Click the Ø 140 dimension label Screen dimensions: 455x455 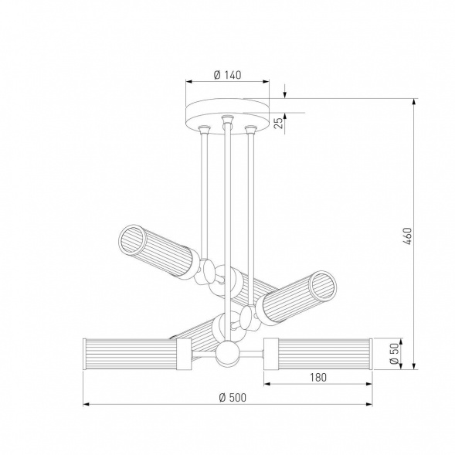click(227, 75)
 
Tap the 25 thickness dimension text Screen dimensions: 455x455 click(278, 123)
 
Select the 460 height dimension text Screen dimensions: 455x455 click(407, 236)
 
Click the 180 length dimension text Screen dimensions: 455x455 click(318, 377)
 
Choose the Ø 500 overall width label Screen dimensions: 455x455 click(233, 397)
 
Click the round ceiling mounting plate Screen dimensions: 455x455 click(227, 117)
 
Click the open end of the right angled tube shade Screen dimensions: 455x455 click(323, 285)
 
